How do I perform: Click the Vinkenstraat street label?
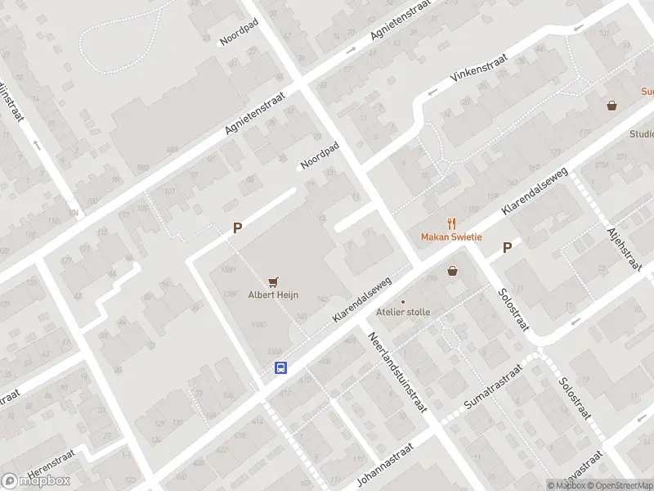point(479,70)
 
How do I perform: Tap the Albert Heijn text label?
point(274,296)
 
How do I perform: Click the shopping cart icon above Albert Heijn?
point(274,282)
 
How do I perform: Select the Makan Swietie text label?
point(451,237)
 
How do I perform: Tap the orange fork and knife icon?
point(451,223)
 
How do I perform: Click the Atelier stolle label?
point(402,312)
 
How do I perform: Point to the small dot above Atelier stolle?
point(402,301)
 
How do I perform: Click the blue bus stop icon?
point(280,367)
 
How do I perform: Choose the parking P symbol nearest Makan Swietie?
point(507,247)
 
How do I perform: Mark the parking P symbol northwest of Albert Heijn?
point(237,229)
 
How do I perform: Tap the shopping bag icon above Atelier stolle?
point(452,271)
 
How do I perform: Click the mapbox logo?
point(36,480)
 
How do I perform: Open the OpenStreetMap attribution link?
point(620,485)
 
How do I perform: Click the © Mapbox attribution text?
point(567,485)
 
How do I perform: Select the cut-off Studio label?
point(641,134)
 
